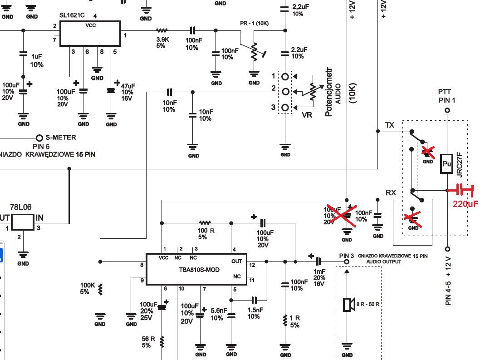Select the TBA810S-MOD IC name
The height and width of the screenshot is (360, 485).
click(x=199, y=270)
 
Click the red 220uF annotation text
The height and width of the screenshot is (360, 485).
click(x=465, y=203)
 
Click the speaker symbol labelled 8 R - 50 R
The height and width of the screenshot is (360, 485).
click(x=348, y=305)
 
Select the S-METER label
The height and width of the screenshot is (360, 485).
click(x=61, y=137)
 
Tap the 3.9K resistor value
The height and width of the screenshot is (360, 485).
click(x=163, y=39)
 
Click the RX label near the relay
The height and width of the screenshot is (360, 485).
click(x=391, y=192)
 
